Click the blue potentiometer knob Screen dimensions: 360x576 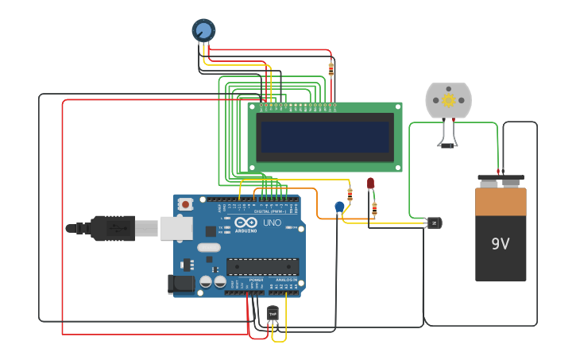pos(203,30)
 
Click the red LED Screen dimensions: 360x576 pos(370,183)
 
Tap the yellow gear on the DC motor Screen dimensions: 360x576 pos(448,100)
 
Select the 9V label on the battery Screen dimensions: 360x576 pos(500,244)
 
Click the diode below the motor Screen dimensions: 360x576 pos(447,145)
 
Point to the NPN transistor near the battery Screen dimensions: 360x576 pos(434,223)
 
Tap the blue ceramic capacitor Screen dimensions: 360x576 pos(340,207)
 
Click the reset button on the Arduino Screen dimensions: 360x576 pos(185,204)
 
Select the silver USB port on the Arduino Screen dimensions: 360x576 pos(176,228)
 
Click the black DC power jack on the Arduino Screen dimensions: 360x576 pos(182,283)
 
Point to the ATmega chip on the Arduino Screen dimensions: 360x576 pos(262,266)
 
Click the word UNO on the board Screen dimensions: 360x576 pos(272,223)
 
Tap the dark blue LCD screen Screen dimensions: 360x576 pos(325,137)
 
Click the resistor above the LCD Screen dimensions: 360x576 pos(331,69)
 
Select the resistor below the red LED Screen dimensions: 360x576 pos(374,208)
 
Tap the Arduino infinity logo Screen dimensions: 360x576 pos(245,223)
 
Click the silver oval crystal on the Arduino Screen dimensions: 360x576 pos(209,247)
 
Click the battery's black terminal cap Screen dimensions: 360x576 pos(501,180)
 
